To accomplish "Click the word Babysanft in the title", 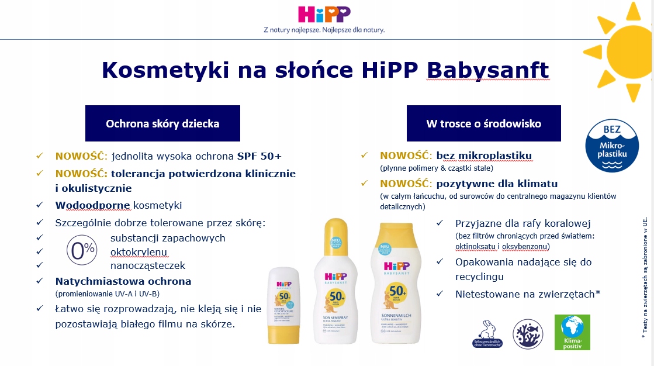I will [x=488, y=70].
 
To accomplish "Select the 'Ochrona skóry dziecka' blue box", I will [x=162, y=123].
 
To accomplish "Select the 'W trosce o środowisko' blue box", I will [x=483, y=123].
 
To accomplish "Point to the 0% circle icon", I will [x=82, y=251].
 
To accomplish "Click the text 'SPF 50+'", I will [x=259, y=156].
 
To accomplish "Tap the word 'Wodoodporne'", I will [x=94, y=205].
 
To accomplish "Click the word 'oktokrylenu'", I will [x=139, y=251].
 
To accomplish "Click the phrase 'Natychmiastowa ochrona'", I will [x=123, y=281].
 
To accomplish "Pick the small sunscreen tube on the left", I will [x=283, y=312].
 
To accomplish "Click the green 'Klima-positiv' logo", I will [x=572, y=333].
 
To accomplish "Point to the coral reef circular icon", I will [x=528, y=334].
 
